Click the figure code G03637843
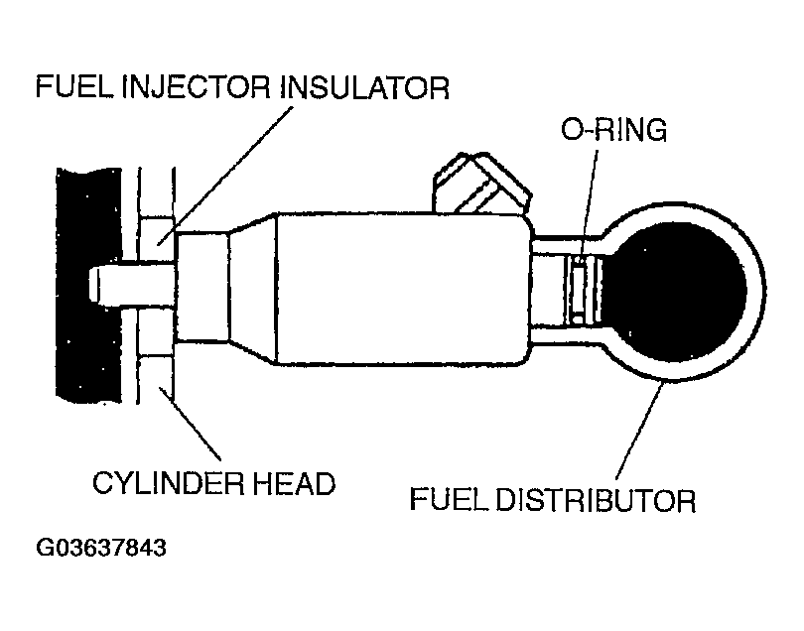pyautogui.click(x=101, y=548)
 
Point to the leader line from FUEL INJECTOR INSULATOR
pyautogui.click(x=238, y=159)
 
